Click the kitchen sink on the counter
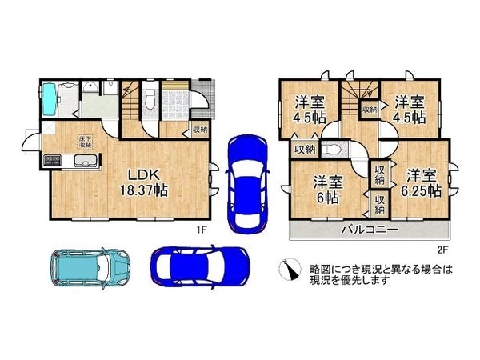[84, 164]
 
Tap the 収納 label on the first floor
[200, 129]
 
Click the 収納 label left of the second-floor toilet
[303, 149]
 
